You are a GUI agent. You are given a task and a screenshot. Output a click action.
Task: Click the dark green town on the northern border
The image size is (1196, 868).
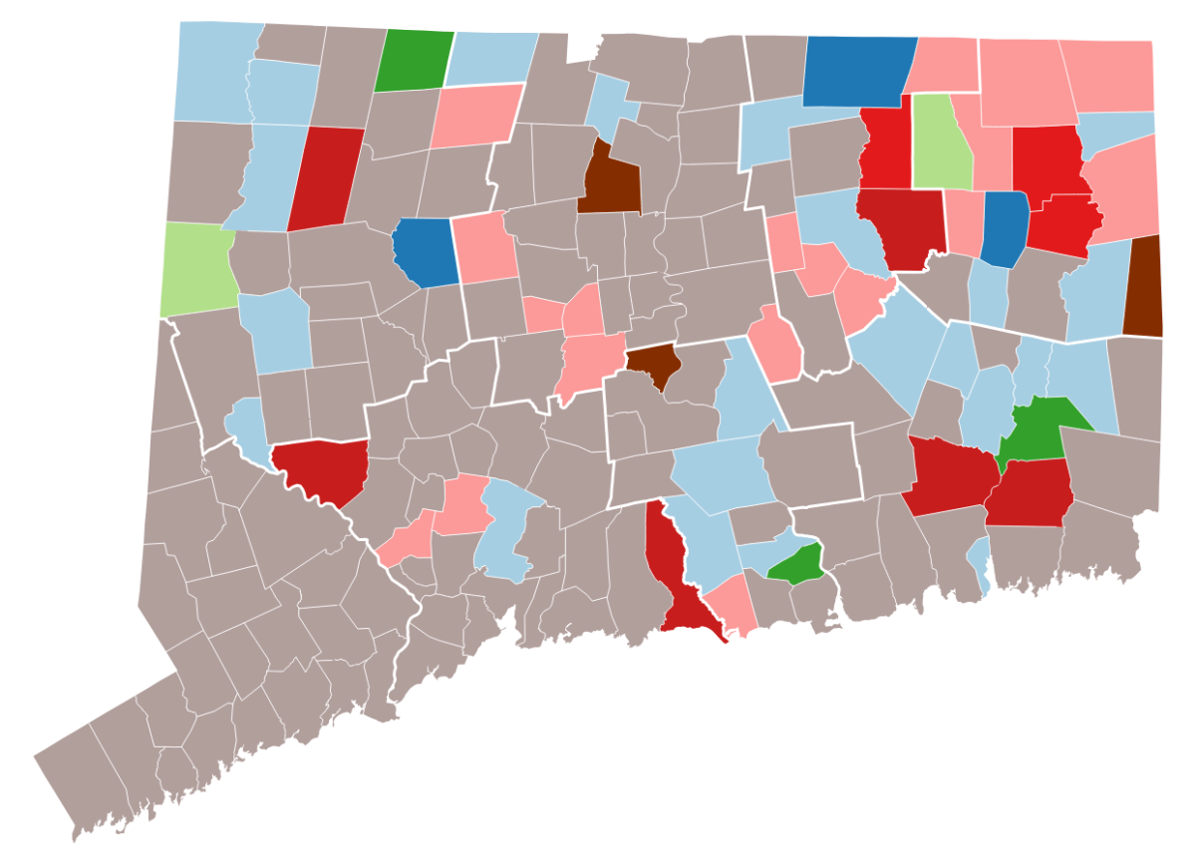pos(413,61)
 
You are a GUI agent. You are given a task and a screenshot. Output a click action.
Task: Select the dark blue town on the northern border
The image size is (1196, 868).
pos(857,70)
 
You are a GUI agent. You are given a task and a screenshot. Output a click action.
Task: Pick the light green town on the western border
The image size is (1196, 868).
pos(196,267)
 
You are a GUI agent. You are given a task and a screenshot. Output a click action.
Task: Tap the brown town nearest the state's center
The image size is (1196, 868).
pos(654,364)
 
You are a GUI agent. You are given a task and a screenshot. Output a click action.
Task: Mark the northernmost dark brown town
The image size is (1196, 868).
pos(609,181)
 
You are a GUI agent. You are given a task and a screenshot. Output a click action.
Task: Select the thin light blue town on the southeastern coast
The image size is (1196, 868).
pos(979,562)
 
